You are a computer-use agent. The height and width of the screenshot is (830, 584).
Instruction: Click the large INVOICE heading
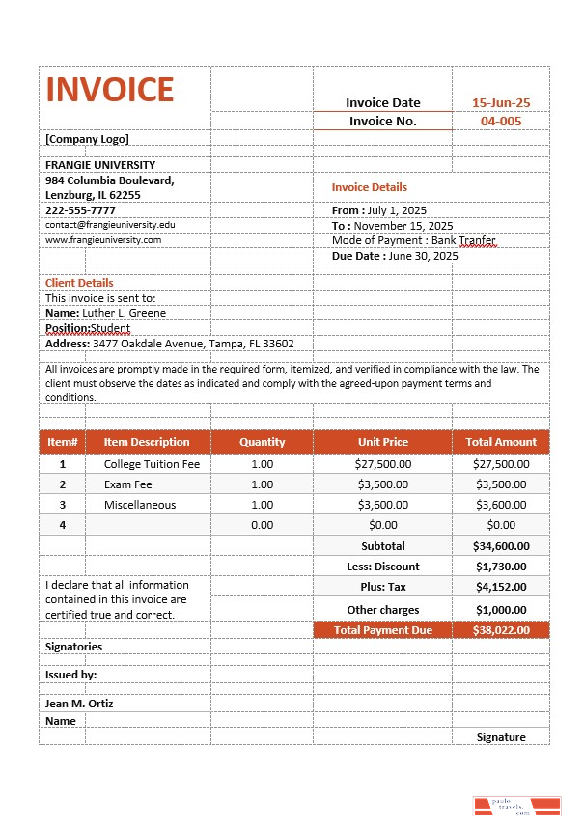[110, 90]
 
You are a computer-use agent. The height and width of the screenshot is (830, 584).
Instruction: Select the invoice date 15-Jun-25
[500, 102]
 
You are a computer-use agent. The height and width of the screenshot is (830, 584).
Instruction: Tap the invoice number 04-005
[500, 121]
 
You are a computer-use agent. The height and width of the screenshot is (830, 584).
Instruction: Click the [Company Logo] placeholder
[87, 138]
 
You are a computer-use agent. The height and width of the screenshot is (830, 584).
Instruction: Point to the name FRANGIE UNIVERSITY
[100, 165]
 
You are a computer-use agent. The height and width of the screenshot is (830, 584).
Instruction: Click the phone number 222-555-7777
[80, 209]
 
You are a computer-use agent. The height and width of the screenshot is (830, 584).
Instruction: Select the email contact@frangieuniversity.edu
[110, 224]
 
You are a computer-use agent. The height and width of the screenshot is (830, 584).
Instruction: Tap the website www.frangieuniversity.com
[103, 239]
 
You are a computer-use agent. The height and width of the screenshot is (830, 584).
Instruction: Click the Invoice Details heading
[370, 187]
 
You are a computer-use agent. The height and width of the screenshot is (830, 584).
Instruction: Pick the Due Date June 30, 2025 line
[395, 256]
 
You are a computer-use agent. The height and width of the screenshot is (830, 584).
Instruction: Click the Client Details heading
[79, 283]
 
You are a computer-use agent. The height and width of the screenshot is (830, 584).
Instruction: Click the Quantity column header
[263, 442]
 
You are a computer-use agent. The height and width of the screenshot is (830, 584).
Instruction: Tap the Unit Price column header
[383, 442]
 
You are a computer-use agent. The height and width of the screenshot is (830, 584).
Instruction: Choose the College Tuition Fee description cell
[152, 464]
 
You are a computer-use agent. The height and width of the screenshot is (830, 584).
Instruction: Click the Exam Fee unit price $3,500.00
[383, 484]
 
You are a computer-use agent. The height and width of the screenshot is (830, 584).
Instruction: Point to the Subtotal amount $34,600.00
[501, 546]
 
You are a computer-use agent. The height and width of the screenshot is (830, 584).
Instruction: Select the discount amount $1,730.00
[501, 567]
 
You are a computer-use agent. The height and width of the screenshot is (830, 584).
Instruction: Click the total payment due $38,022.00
[501, 629]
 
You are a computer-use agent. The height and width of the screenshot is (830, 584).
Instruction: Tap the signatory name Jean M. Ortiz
[79, 704]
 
